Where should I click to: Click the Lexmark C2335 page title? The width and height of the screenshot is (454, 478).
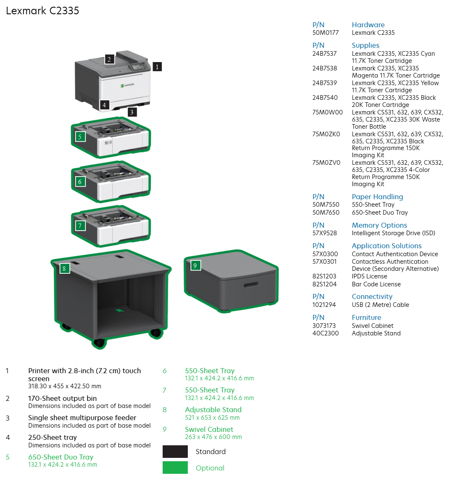[42, 10]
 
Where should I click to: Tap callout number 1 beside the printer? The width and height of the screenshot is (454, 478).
[157, 67]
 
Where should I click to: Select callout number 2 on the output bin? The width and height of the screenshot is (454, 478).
[109, 59]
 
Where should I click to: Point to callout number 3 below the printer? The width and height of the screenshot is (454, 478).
[132, 112]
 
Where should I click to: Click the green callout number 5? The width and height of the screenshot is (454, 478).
[80, 136]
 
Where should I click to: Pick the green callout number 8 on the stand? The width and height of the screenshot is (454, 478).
[64, 268]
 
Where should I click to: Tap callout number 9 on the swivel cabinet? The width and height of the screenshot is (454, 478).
[195, 265]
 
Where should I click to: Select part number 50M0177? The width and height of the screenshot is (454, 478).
[325, 33]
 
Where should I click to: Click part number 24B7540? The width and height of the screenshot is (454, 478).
[325, 98]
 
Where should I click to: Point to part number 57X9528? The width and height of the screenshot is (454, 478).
[324, 233]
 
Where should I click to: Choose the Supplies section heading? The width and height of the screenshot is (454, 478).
[366, 45]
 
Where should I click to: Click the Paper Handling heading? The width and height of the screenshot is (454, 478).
[377, 197]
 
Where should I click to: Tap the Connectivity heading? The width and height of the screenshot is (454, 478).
[372, 296]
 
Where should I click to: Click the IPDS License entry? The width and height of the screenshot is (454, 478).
[369, 276]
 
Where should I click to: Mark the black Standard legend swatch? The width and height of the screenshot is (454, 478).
[175, 452]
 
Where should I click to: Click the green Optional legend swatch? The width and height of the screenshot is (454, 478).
[175, 468]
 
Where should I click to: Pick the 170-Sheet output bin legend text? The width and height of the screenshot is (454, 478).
[62, 398]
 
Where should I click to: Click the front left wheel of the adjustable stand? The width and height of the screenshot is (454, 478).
[99, 343]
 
